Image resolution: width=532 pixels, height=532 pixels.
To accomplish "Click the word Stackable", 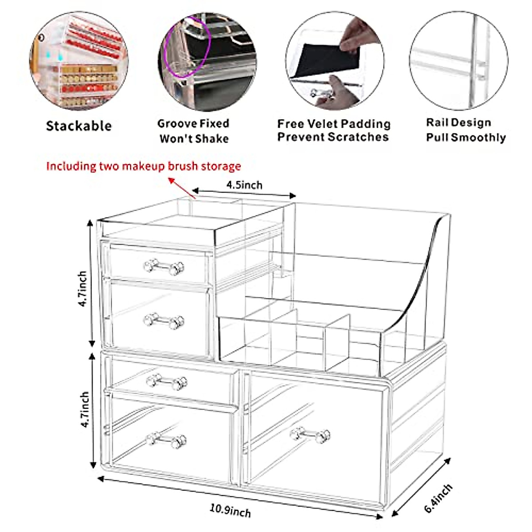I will [79, 126].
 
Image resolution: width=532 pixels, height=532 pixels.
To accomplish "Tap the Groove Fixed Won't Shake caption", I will [194, 131].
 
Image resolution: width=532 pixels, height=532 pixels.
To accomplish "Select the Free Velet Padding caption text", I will [333, 130].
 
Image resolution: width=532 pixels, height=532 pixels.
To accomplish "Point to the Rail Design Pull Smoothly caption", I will [465, 130].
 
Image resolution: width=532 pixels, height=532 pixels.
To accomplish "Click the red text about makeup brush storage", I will [143, 166].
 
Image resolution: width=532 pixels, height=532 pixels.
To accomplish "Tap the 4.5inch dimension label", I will [244, 185].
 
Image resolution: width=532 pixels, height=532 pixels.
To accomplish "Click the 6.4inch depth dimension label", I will [438, 498].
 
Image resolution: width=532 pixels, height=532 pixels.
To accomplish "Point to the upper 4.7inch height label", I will [82, 289].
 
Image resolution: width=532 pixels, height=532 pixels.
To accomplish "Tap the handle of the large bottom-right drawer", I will [310, 434].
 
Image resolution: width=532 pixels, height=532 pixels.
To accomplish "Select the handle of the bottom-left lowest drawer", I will [166, 439].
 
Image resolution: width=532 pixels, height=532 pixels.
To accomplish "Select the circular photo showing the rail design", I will [458, 61].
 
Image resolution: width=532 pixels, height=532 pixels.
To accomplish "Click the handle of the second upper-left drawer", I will [164, 321].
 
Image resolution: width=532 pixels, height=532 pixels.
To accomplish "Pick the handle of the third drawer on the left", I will [167, 382].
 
